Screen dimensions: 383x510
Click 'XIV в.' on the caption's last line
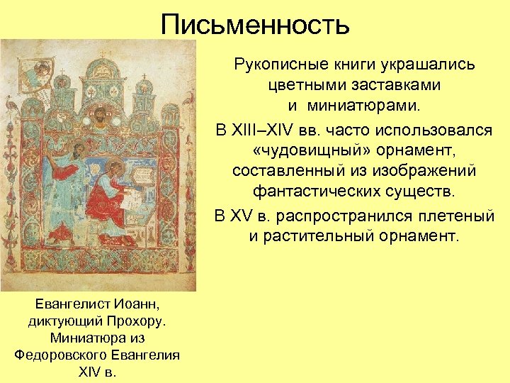pyautogui.click(x=98, y=371)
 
